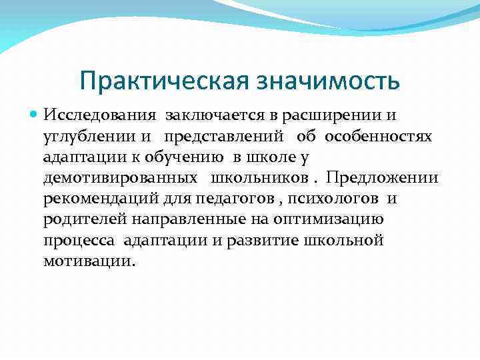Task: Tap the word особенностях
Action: click(x=379, y=137)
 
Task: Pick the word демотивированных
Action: click(x=121, y=178)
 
